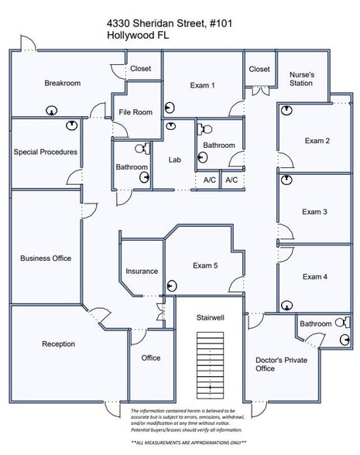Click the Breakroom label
tap(63, 84)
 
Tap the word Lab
tap(175, 160)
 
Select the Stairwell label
tap(211, 318)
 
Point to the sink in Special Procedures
tap(72, 125)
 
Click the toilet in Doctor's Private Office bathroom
tap(342, 323)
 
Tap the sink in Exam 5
tap(172, 286)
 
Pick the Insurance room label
tap(142, 272)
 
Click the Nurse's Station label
tap(301, 79)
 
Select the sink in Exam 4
tap(286, 306)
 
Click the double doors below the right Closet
tap(260, 91)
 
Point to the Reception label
tap(58, 344)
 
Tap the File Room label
tap(135, 112)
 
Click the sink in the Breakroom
tap(52, 111)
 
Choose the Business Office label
tap(46, 258)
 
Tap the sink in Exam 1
tap(170, 108)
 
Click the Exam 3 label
tap(314, 212)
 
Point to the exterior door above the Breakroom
tap(29, 43)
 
